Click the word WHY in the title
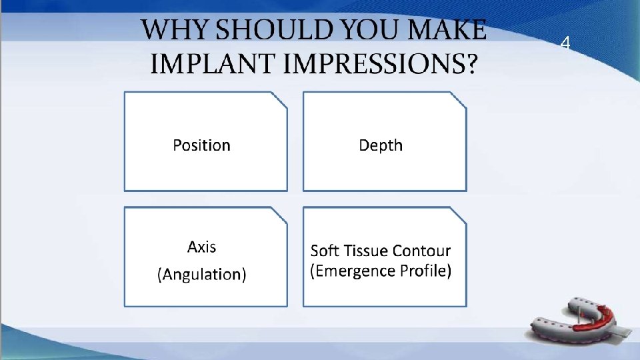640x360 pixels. (x=170, y=31)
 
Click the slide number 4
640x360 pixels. (x=565, y=44)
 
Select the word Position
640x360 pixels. (x=201, y=145)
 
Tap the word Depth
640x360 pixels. (x=381, y=145)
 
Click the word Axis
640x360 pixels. (x=201, y=247)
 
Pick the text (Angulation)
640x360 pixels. (x=201, y=274)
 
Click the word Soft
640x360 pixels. (x=325, y=251)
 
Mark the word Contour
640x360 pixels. (x=422, y=251)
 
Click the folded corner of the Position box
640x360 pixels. (x=280, y=99)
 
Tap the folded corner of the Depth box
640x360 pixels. (x=459, y=99)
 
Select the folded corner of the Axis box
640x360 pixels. (x=280, y=215)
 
